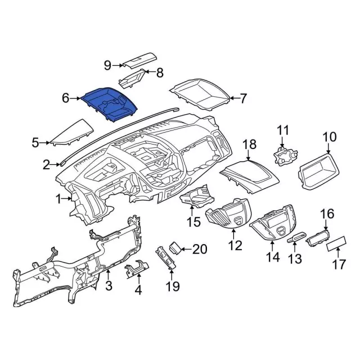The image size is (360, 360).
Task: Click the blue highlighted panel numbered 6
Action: click(110, 103)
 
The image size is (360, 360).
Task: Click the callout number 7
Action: click(243, 99)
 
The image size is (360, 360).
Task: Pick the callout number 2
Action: click(47, 164)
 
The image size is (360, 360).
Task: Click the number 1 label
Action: click(58, 199)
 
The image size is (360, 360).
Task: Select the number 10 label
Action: click(329, 137)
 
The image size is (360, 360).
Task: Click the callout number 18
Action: click(249, 146)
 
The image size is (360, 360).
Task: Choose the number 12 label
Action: click(235, 245)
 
